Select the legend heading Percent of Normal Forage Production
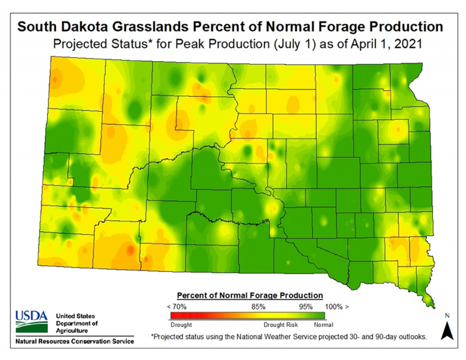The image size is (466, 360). coord(249,295)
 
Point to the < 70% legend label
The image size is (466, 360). coord(176,306)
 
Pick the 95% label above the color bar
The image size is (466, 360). coord(307,306)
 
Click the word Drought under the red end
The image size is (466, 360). coord(181,323)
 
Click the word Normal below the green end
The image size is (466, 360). coord(323,323)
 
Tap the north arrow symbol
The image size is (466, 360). coord(447,331)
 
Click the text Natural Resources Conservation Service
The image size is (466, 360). coord(74,341)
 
